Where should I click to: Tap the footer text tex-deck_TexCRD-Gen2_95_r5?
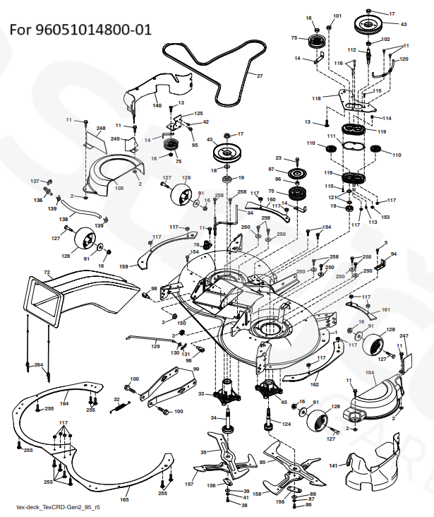click(x=58, y=507)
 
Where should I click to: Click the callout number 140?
click(x=157, y=105)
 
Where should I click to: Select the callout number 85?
click(x=263, y=462)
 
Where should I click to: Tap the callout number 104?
click(x=370, y=372)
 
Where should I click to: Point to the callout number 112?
click(x=351, y=50)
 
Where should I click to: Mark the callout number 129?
click(x=155, y=345)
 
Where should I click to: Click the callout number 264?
click(x=38, y=364)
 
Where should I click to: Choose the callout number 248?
click(x=101, y=129)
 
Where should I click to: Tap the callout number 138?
click(x=64, y=220)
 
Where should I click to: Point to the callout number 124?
click(x=287, y=424)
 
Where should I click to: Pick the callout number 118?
click(x=317, y=97)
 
